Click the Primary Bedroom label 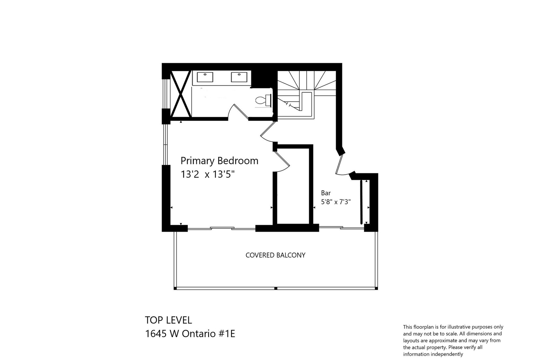(x=219, y=161)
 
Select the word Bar (x=326, y=193)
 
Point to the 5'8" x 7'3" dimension (x=336, y=202)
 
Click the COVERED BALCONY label (x=275, y=255)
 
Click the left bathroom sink (x=205, y=77)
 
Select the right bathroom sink (x=239, y=77)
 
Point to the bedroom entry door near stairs (x=268, y=131)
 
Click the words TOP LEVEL (x=168, y=320)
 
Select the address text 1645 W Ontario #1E (x=190, y=334)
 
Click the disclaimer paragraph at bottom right (x=453, y=340)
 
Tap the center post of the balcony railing (x=276, y=288)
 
